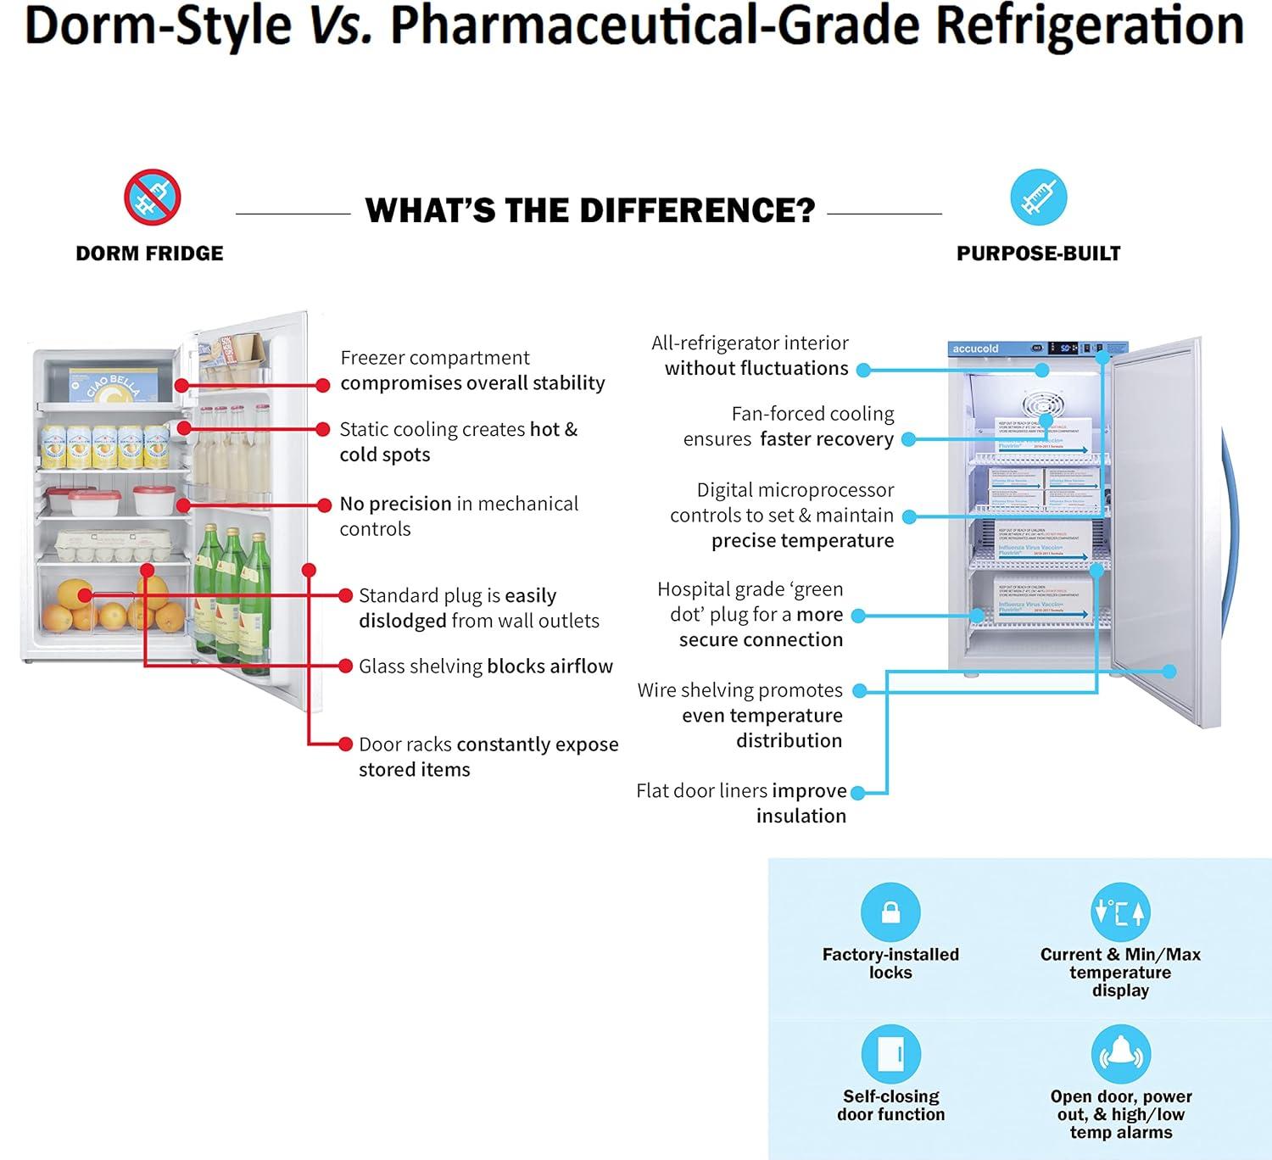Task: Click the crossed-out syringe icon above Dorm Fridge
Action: pos(153,198)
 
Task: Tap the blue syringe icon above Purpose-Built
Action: pos(1038,198)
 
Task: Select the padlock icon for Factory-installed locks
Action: pos(890,912)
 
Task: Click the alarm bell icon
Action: pos(1120,1054)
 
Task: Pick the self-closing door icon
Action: pos(890,1054)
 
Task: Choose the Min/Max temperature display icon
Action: pos(1119,912)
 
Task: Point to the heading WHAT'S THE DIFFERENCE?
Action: pos(589,210)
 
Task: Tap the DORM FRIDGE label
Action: pos(149,254)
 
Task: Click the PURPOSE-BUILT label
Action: pos(1038,254)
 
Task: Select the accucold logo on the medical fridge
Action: pos(975,349)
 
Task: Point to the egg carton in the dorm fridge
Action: pos(112,544)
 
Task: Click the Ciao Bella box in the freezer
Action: pos(114,386)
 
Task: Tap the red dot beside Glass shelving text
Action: pos(345,666)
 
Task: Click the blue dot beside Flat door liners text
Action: pos(857,793)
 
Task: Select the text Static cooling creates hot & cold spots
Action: pos(458,442)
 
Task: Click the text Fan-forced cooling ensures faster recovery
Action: pos(789,427)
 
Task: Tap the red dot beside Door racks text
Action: pos(345,745)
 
